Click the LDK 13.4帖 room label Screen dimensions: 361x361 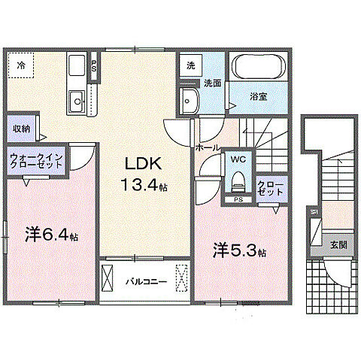coord(141,174)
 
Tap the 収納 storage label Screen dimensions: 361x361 coord(20,128)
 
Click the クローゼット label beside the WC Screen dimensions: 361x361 coord(269,188)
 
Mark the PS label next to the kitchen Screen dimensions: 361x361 coord(93,65)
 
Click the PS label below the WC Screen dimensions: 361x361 coord(238,199)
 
